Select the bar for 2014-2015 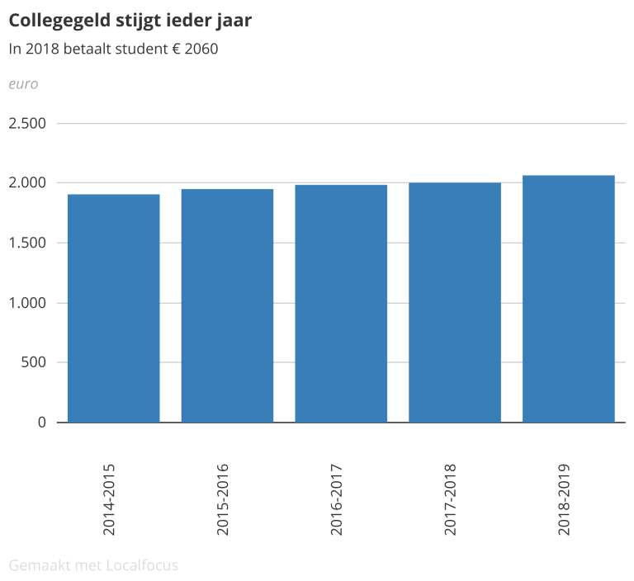point(113,308)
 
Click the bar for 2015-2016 point(227,305)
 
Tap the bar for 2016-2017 point(341,303)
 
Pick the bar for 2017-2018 point(455,302)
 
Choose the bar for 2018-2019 point(569,299)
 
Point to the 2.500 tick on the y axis point(27,123)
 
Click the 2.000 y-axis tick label point(27,182)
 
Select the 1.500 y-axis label point(27,243)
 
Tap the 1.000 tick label point(27,303)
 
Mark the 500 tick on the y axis point(35,362)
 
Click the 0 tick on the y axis point(41,423)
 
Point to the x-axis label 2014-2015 point(110,499)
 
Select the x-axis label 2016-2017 point(337,499)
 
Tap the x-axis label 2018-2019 point(565,499)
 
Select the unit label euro point(23,83)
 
